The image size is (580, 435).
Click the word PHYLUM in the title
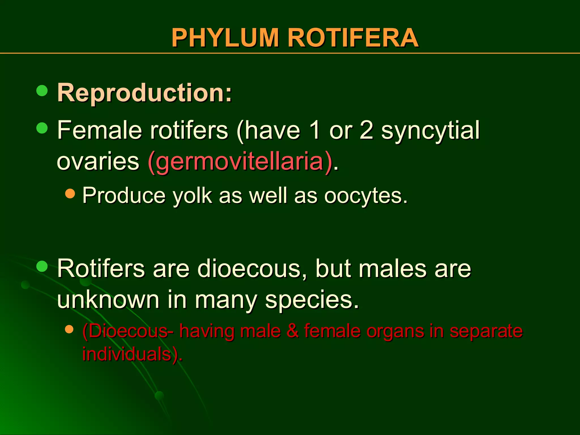point(225,38)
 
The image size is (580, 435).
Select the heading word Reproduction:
point(144,93)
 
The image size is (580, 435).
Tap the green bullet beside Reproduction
point(42,91)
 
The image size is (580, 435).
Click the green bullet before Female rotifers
point(42,128)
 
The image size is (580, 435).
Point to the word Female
point(99,130)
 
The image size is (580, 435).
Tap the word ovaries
point(98,162)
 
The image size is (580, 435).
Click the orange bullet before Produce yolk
point(70,194)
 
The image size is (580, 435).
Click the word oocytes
point(363,196)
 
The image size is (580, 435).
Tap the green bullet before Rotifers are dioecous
point(42,266)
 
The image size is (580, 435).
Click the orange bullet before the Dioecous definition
point(69,329)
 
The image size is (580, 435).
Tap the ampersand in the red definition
point(292,330)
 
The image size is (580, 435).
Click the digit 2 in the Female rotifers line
point(366,130)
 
